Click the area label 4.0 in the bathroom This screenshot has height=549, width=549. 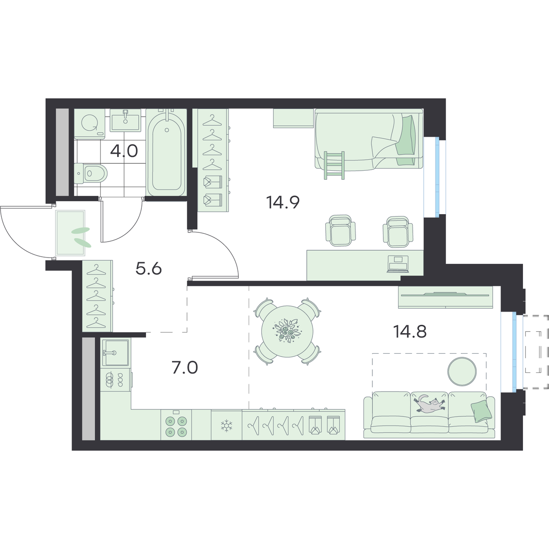pyautogui.click(x=124, y=151)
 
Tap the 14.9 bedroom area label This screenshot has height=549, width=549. pyautogui.click(x=283, y=202)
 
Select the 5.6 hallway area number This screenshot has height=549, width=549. pyautogui.click(x=148, y=269)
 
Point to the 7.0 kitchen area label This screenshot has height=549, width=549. pyautogui.click(x=185, y=367)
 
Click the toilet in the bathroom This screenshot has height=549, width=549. pyautogui.click(x=91, y=173)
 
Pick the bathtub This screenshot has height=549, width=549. pyautogui.click(x=167, y=152)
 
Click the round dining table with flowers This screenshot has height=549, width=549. pyautogui.click(x=287, y=331)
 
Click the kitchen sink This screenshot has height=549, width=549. pyautogui.click(x=115, y=352)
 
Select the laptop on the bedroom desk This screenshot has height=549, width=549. pyautogui.click(x=398, y=264)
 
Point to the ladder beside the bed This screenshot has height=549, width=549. pyautogui.click(x=334, y=165)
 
